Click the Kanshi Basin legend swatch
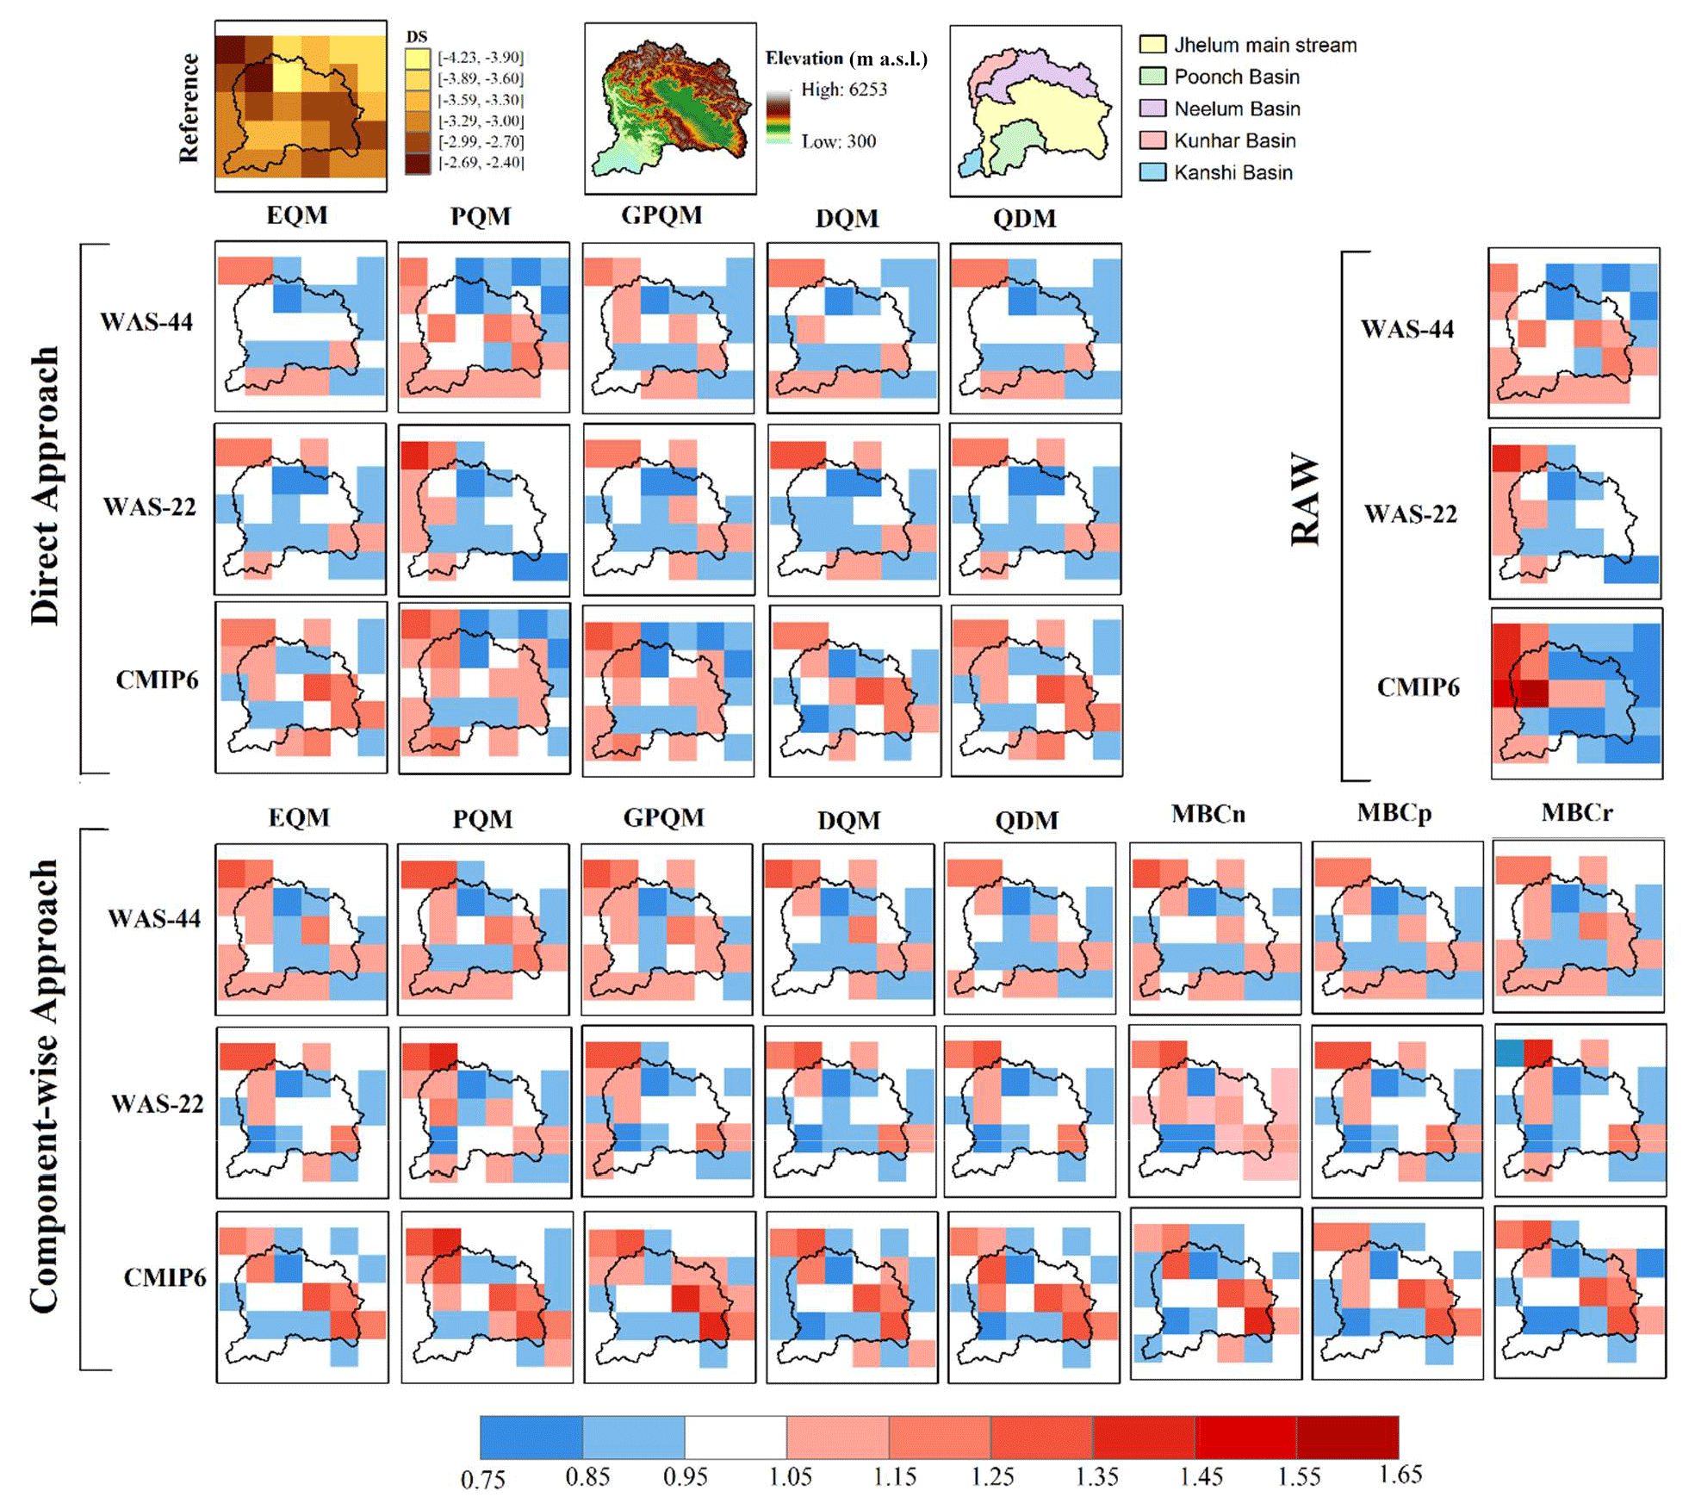click(x=1152, y=172)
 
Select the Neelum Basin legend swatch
click(x=1152, y=109)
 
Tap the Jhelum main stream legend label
click(x=1264, y=45)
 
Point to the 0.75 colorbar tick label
click(x=482, y=1479)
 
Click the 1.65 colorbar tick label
click(x=1400, y=1475)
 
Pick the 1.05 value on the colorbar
click(x=790, y=1476)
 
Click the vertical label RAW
click(x=1305, y=500)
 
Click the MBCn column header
click(x=1208, y=814)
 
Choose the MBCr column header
click(x=1576, y=812)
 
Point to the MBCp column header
click(x=1394, y=813)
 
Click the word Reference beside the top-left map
click(x=189, y=108)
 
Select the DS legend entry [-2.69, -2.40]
click(x=481, y=162)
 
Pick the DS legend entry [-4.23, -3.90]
click(x=481, y=58)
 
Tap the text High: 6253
click(x=843, y=90)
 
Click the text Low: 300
click(x=838, y=141)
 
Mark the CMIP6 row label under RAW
click(x=1418, y=686)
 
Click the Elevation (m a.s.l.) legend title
click(x=846, y=59)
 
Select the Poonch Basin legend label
click(x=1236, y=77)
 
